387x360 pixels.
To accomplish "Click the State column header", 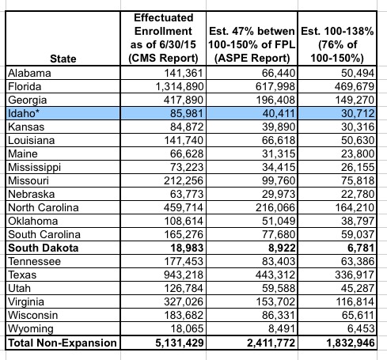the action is [x=63, y=59].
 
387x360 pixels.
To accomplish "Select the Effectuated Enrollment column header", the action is [x=163, y=38].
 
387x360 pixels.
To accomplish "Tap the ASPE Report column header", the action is [x=252, y=44].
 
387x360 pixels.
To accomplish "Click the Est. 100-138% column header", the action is [x=337, y=44].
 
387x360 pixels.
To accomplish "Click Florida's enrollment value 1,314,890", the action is [x=180, y=86].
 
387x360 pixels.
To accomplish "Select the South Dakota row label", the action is [x=44, y=248].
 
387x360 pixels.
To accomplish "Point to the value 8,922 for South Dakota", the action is [x=282, y=248].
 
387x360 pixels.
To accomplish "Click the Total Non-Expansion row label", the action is [x=63, y=343].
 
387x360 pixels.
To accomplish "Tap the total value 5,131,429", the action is [x=180, y=343].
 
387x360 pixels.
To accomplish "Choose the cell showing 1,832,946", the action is [x=351, y=343].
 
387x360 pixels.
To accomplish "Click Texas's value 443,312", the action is [x=275, y=275].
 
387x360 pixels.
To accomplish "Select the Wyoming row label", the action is [x=31, y=328].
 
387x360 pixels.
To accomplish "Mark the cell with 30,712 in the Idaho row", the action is [x=358, y=113].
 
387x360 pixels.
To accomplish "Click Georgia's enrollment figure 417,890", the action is [x=184, y=100].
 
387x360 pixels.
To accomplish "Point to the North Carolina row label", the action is [x=44, y=207].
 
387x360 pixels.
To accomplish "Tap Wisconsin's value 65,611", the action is [x=358, y=315].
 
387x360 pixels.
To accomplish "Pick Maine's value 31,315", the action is [x=279, y=153].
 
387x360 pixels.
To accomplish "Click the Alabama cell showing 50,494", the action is [x=358, y=73].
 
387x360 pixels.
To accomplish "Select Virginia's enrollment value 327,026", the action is [x=184, y=301].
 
